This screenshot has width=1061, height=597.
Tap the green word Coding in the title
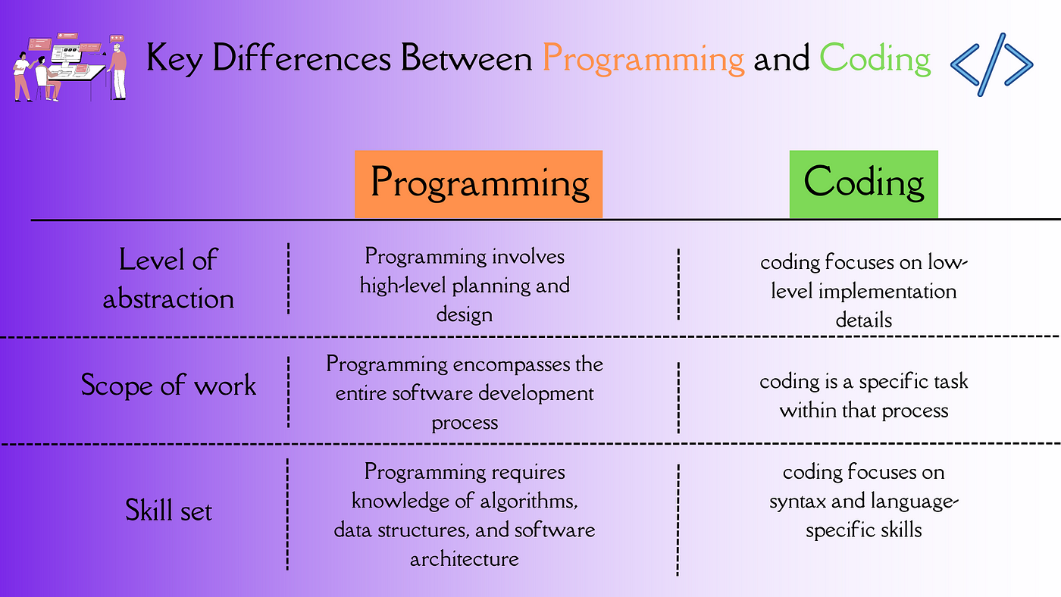tap(875, 58)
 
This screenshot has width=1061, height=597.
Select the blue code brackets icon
tap(992, 64)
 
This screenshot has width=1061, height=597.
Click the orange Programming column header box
tap(478, 184)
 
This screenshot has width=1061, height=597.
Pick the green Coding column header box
tap(863, 184)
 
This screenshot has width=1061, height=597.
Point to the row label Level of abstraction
tap(168, 279)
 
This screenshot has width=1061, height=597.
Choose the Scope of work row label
tap(168, 385)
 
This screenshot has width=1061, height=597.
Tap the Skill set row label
tap(168, 510)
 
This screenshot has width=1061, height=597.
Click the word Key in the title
tap(174, 58)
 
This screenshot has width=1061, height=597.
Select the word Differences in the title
tap(302, 58)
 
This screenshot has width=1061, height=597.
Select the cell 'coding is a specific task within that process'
tap(863, 395)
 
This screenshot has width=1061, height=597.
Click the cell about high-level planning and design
tap(465, 285)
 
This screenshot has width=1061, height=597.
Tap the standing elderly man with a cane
tap(118, 70)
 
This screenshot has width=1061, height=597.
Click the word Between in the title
tap(467, 58)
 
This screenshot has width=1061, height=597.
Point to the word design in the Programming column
tap(464, 315)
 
